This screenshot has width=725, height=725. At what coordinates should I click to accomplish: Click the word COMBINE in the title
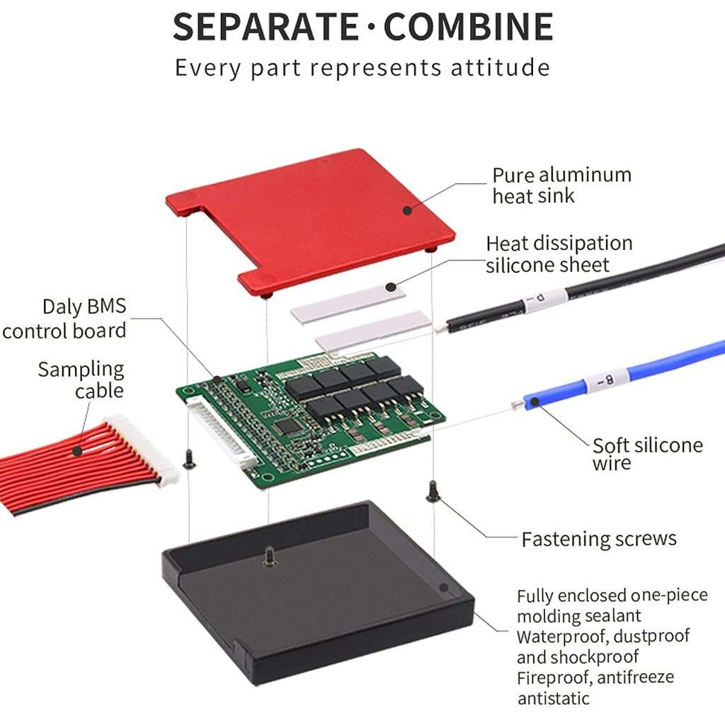point(468,26)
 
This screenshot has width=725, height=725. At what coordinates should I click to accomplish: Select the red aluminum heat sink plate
point(304,212)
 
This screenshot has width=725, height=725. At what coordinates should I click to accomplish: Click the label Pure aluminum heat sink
point(561,185)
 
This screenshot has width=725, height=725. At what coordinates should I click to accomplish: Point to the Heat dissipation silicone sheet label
point(559,253)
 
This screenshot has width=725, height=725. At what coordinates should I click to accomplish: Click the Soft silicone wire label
point(647,454)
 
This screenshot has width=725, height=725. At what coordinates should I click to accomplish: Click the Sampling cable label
point(81,379)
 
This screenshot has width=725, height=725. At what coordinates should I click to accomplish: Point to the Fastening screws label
point(598,539)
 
